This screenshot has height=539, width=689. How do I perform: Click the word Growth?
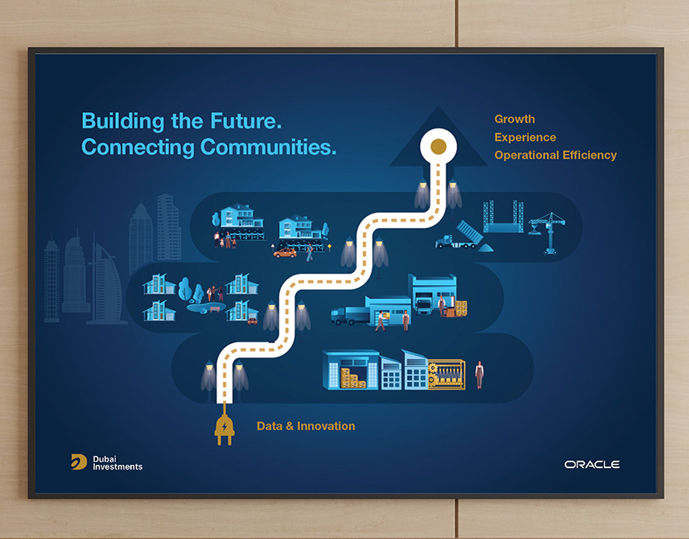pos(515,119)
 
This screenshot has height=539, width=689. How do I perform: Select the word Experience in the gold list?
pos(525,138)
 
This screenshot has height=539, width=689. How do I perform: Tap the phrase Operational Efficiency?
pos(555,155)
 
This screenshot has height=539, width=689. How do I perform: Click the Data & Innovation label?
pos(306,426)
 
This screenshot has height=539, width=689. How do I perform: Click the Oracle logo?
pos(592,464)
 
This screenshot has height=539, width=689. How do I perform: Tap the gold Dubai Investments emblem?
pos(78,462)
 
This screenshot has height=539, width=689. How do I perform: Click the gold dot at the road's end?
pos(438,147)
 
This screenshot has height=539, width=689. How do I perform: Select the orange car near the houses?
pos(285,253)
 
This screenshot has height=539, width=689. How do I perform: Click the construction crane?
pos(549,233)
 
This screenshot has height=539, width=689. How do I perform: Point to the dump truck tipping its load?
pos(459,236)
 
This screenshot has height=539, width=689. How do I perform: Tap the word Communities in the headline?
pos(268,147)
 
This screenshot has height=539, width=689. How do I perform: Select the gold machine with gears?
pos(446,375)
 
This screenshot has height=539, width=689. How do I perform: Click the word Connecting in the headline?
pos(138,148)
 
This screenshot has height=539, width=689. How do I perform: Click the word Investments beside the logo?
pos(117,467)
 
